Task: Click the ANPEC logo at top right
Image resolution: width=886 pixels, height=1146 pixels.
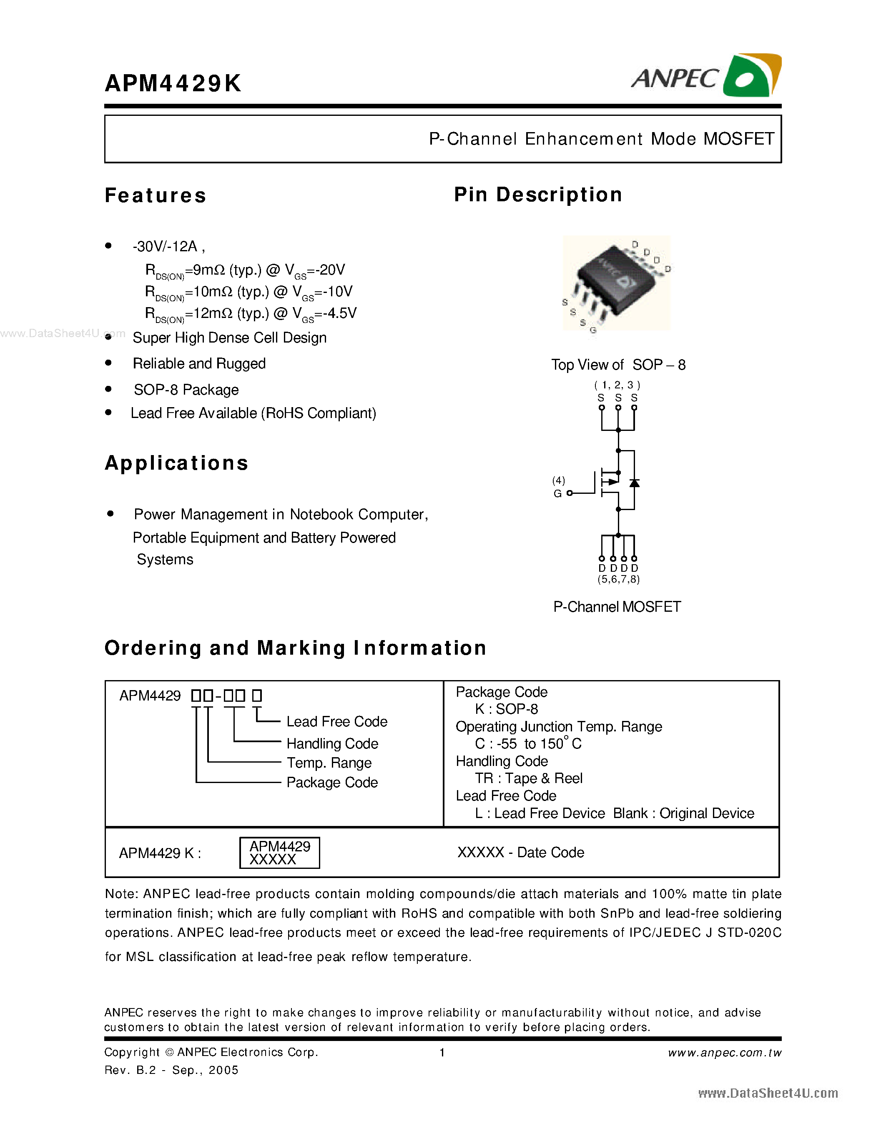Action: pyautogui.click(x=705, y=77)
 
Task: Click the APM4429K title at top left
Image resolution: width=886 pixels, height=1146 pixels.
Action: pyautogui.click(x=173, y=83)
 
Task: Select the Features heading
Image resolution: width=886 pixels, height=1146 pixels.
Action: pyautogui.click(x=156, y=195)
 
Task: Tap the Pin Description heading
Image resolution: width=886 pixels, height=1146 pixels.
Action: pyautogui.click(x=538, y=195)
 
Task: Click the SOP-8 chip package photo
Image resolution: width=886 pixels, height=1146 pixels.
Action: pyautogui.click(x=616, y=283)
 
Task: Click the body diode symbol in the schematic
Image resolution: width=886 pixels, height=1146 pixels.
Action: pyautogui.click(x=634, y=483)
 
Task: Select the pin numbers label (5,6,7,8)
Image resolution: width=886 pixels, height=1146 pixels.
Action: pyautogui.click(x=618, y=579)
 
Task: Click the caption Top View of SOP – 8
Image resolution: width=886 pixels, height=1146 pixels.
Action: pyautogui.click(x=618, y=365)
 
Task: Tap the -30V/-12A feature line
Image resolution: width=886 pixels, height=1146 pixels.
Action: pyautogui.click(x=168, y=247)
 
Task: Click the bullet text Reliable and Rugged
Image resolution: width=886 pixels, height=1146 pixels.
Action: pyautogui.click(x=199, y=364)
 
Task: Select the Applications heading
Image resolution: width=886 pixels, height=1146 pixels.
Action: pyautogui.click(x=176, y=463)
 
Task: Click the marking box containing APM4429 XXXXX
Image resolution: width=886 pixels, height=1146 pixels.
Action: pyautogui.click(x=279, y=853)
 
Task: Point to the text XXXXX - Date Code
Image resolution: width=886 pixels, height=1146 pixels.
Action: pyautogui.click(x=520, y=853)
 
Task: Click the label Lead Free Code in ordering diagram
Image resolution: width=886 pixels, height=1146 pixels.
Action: pyautogui.click(x=336, y=721)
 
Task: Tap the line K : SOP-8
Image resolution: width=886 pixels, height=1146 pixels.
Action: pyautogui.click(x=506, y=709)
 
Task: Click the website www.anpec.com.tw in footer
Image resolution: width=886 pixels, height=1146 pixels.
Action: pyautogui.click(x=724, y=1053)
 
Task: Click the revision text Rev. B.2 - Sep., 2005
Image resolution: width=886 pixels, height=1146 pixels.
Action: pyautogui.click(x=171, y=1070)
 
